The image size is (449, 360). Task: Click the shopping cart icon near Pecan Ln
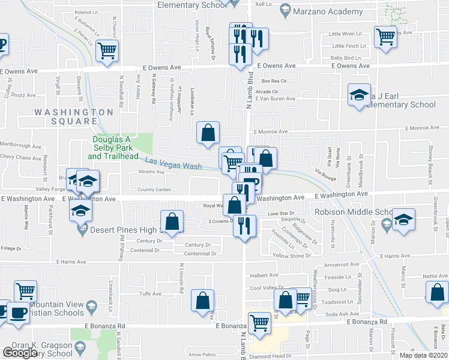(x=107, y=50)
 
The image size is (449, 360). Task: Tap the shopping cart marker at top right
(x=385, y=36)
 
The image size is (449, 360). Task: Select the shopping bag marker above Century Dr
(x=172, y=221)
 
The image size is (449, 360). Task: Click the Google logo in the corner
(x=20, y=353)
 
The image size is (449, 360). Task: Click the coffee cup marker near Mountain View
(x=17, y=313)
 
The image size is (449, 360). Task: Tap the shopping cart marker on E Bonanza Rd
(x=259, y=322)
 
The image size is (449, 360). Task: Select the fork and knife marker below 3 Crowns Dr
(x=245, y=226)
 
